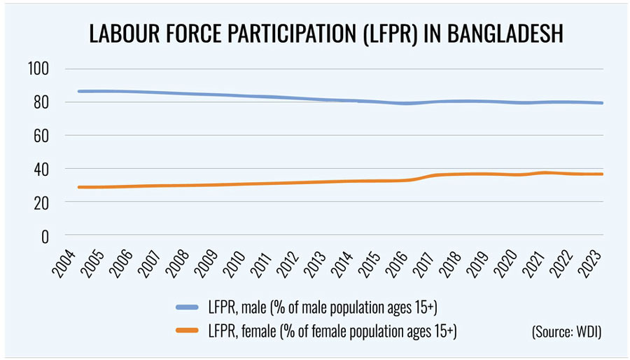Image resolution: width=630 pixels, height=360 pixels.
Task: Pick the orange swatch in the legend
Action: [190, 330]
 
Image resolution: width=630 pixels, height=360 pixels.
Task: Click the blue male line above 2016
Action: [405, 104]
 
